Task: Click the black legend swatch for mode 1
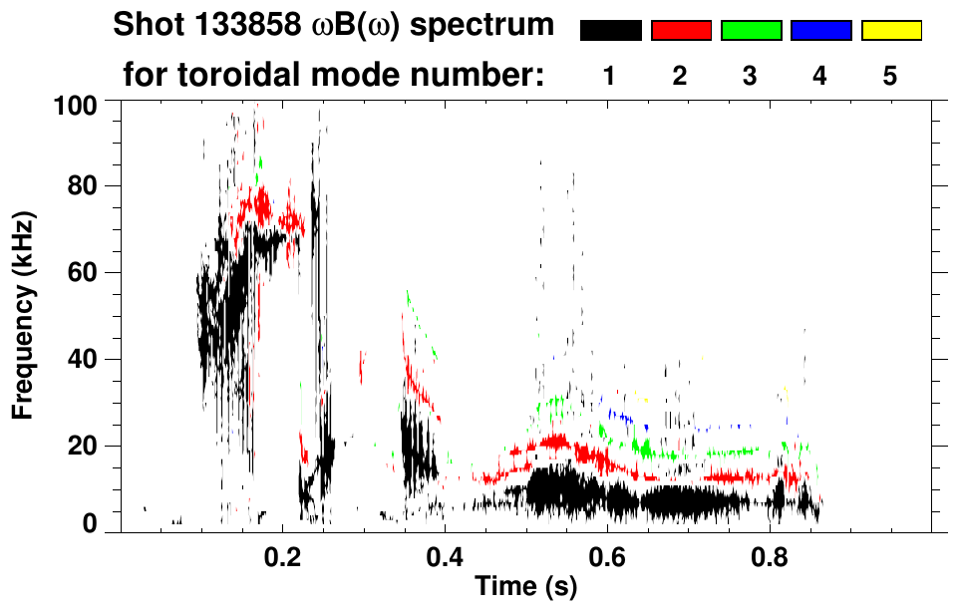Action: point(611,31)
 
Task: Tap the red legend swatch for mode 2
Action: point(681,31)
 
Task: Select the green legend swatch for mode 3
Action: point(751,31)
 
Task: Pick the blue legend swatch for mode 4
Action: point(820,31)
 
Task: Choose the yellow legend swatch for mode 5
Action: point(890,31)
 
